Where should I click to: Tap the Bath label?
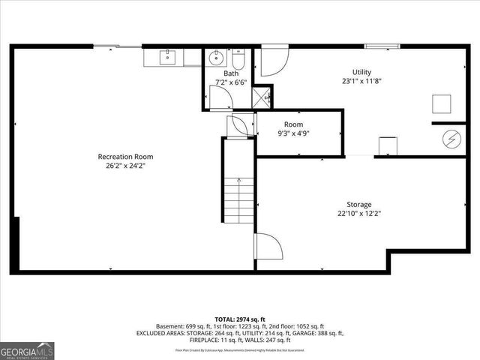(230, 73)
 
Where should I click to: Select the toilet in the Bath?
(238, 59)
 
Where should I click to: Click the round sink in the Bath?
(217, 57)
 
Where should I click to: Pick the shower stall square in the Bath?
(262, 97)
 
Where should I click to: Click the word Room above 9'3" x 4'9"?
(293, 124)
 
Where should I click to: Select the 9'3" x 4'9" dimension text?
(293, 134)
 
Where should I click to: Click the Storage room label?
(358, 204)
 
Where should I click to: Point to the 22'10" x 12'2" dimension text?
(358, 214)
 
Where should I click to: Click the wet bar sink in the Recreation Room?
(168, 56)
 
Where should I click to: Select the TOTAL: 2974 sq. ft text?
(240, 319)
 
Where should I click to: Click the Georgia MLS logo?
(27, 350)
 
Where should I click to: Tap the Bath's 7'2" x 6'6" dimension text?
(230, 82)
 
